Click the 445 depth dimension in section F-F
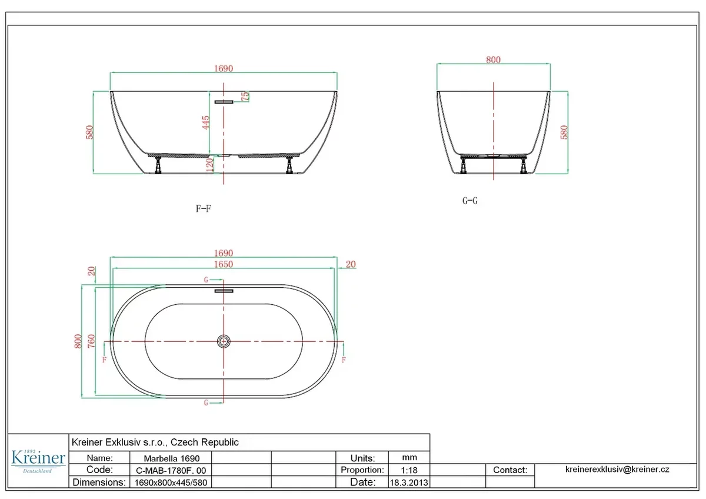[205, 122]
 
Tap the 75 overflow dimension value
[245, 97]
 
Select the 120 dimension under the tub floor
[209, 165]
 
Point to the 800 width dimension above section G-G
[493, 59]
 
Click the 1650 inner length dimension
[224, 264]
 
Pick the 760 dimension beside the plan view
[91, 341]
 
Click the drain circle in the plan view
[224, 341]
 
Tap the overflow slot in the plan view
[224, 291]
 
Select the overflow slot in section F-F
[224, 102]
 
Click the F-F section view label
[204, 208]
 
